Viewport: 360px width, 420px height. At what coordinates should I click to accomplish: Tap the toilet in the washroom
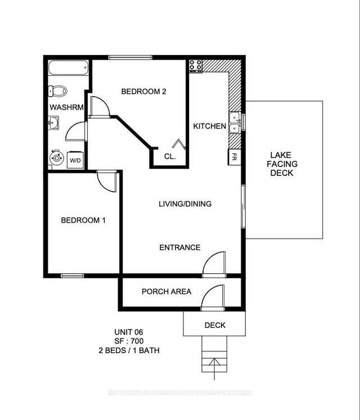point(57,91)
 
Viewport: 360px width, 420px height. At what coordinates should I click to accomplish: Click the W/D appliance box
point(75,160)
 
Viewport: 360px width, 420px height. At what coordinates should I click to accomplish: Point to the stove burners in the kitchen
point(196,65)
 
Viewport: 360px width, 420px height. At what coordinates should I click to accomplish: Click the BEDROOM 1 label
point(83,220)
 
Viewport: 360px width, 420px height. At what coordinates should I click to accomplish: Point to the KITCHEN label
point(210,127)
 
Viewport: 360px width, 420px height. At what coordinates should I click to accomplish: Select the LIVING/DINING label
point(185,204)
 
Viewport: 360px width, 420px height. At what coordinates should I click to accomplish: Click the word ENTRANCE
point(180,247)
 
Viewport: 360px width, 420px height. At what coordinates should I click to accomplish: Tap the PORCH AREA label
point(166,291)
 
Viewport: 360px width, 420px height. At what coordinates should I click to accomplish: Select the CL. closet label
point(170,157)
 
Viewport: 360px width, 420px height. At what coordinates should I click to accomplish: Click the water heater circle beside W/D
point(56,158)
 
